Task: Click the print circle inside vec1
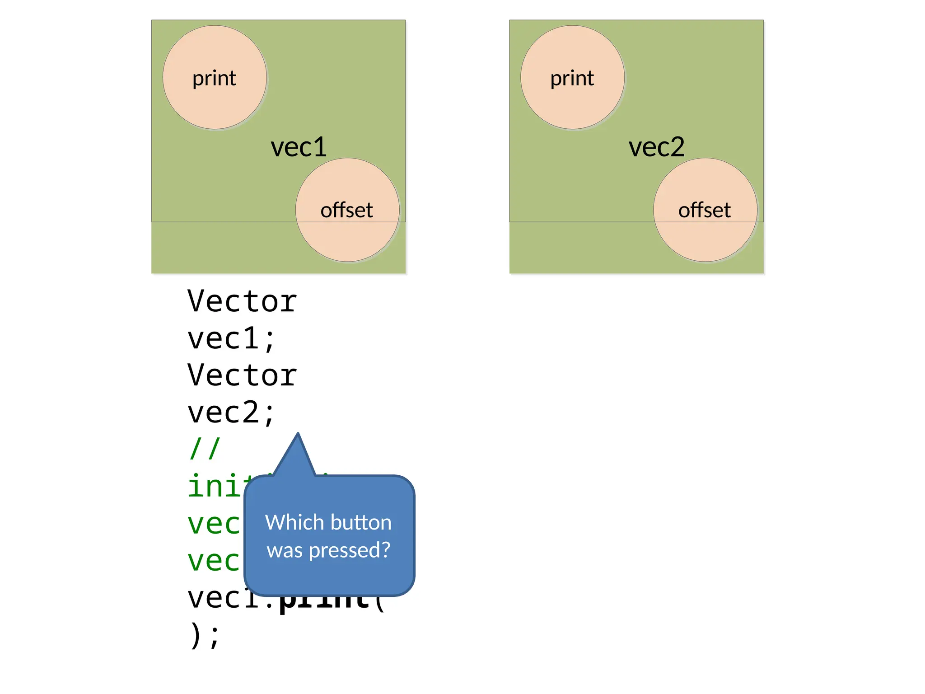pos(215,77)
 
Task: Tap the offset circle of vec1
pos(347,210)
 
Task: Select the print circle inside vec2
pos(572,77)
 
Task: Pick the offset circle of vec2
pos(705,210)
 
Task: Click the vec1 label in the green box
pos(299,147)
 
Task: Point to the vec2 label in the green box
pos(656,147)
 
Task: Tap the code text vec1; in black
pos(231,338)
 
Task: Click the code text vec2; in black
pos(231,413)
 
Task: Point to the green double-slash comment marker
pos(205,449)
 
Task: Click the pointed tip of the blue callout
pos(298,435)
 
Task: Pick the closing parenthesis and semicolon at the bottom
pos(205,635)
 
